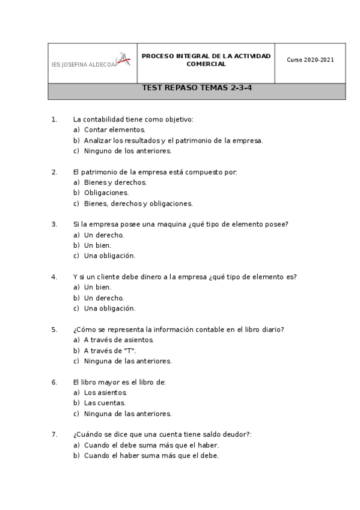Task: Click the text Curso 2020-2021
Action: coord(310,60)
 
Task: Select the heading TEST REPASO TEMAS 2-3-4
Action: coord(197,88)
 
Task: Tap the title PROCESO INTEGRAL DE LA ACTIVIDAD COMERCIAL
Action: coord(206,60)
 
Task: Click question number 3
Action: coord(54,224)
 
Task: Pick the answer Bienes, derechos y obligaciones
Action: coord(138,203)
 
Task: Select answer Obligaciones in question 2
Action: coord(106,193)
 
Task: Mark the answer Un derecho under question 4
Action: coord(104,298)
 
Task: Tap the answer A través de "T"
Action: coord(110,351)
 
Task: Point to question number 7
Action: coord(54,434)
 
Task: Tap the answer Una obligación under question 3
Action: coord(109,256)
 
